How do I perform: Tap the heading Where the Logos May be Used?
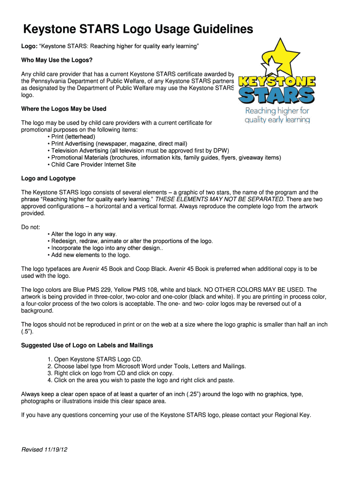(64, 109)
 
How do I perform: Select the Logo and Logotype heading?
(49, 179)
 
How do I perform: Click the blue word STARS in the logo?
(276, 96)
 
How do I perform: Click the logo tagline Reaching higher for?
(278, 111)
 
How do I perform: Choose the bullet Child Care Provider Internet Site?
(94, 165)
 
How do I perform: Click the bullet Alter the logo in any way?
(84, 234)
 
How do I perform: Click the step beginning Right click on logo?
(112, 373)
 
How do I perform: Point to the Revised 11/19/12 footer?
(45, 450)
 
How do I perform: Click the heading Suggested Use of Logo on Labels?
(87, 345)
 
